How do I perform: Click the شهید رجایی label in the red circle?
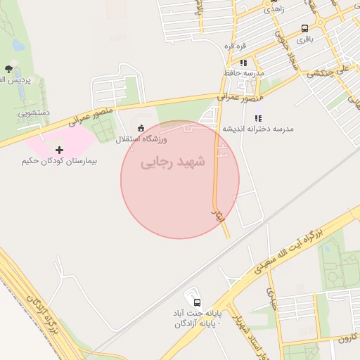(173, 162)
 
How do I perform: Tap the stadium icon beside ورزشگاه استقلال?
(141, 128)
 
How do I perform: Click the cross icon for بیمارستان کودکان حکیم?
(59, 149)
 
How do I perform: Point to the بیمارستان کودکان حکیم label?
(59, 161)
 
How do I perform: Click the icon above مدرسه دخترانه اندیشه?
(258, 118)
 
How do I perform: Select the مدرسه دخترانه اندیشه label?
(258, 129)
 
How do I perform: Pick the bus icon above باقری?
(304, 28)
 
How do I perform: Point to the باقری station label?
(304, 39)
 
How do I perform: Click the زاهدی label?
(274, 11)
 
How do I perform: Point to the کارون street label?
(348, 339)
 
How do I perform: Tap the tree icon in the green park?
(8, 69)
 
